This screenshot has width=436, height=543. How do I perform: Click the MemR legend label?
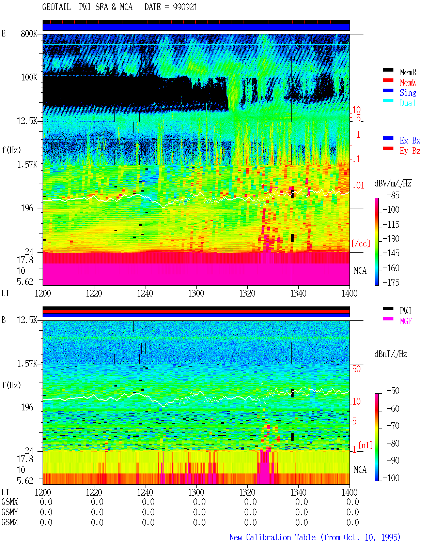click(x=408, y=72)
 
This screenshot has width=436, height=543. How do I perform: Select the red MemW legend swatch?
click(x=388, y=80)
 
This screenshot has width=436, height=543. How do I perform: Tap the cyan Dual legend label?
click(x=408, y=103)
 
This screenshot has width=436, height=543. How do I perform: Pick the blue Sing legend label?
click(x=408, y=93)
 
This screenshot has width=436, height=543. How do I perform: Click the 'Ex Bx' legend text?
click(x=410, y=140)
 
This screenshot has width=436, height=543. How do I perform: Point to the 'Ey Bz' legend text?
click(x=410, y=151)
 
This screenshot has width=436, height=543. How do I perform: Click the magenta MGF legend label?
click(x=406, y=321)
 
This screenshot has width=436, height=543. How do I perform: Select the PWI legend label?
click(x=405, y=311)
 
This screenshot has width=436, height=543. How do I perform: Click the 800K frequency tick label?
click(x=29, y=33)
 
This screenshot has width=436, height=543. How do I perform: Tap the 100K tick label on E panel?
click(x=29, y=77)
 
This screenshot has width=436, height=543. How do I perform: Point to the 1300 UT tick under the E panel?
click(x=196, y=293)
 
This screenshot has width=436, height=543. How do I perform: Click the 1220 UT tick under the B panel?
click(x=94, y=492)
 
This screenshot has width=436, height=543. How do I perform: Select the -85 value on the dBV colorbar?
click(x=393, y=195)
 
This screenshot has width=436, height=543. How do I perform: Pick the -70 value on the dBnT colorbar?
click(x=393, y=426)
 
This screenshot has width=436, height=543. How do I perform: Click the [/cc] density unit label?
click(x=361, y=243)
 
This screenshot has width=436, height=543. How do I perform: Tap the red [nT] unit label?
click(x=365, y=445)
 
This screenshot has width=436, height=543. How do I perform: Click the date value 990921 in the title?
click(x=185, y=7)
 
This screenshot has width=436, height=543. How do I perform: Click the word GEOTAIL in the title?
click(x=57, y=7)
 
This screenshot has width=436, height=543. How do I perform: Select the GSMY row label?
click(x=10, y=512)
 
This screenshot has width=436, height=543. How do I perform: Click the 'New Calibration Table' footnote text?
click(x=272, y=537)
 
